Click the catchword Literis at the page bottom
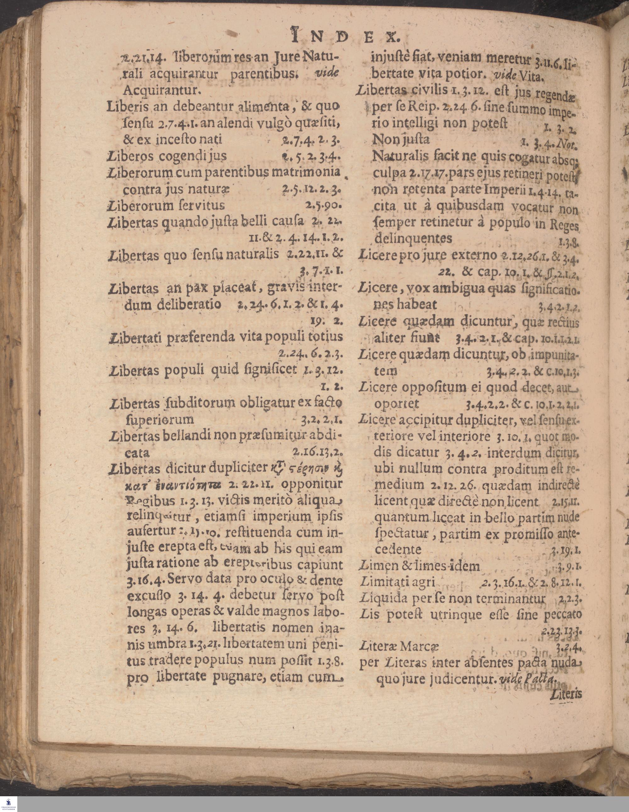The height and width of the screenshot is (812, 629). (566, 694)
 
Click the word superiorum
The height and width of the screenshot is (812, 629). (160, 420)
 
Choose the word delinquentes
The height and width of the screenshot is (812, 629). (413, 238)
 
